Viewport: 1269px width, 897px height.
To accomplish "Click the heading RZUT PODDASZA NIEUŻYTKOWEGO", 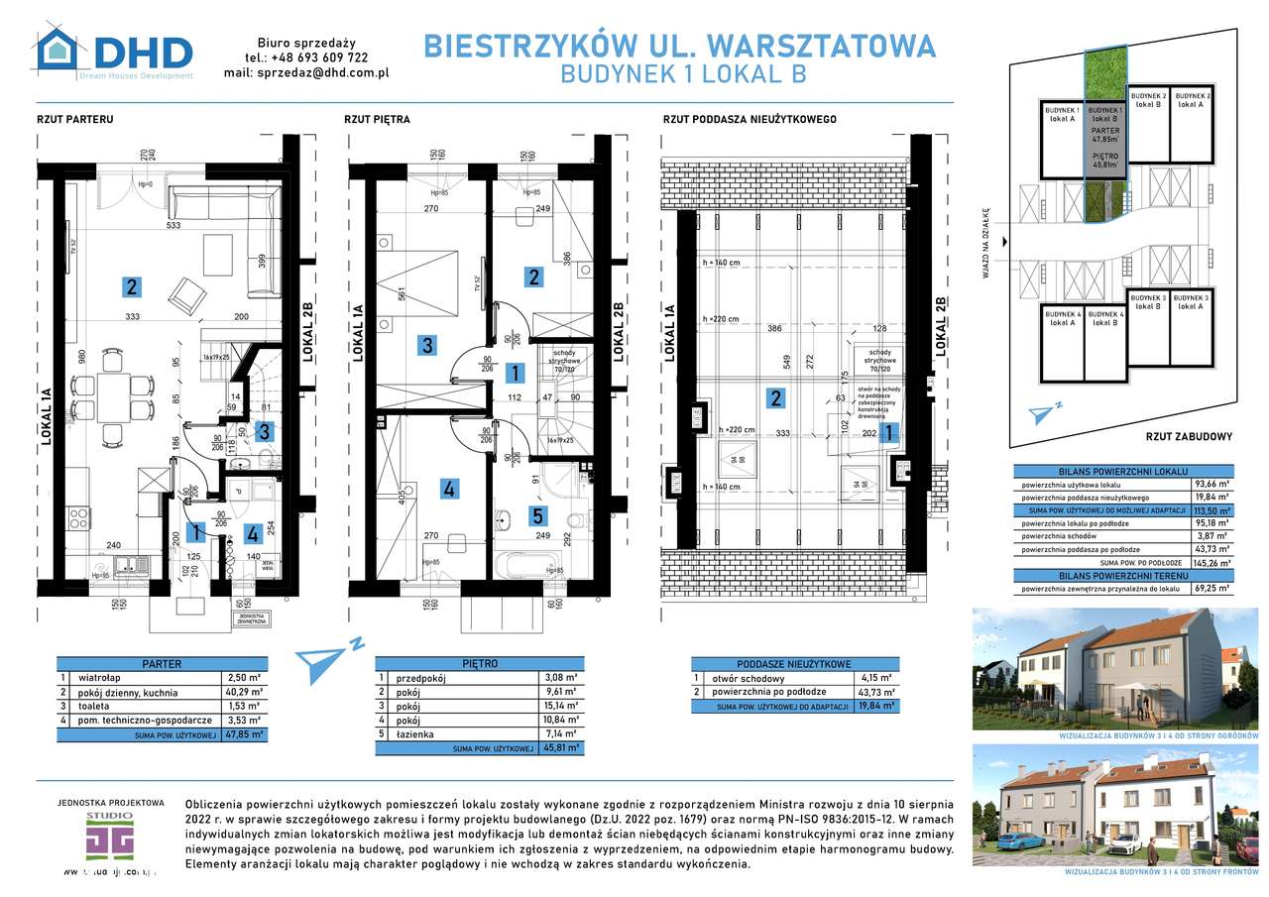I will pyautogui.click(x=749, y=119).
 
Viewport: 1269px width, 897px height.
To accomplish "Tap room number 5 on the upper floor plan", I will pyautogui.click(x=537, y=515).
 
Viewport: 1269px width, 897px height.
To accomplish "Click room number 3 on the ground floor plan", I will pyautogui.click(x=264, y=431).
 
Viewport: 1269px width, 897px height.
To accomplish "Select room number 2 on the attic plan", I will pyautogui.click(x=775, y=398).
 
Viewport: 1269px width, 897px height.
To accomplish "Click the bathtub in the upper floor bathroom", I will pyautogui.click(x=528, y=567).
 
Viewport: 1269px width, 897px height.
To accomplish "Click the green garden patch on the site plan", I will pyautogui.click(x=1103, y=71).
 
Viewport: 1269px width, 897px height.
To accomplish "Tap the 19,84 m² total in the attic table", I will pyautogui.click(x=876, y=706).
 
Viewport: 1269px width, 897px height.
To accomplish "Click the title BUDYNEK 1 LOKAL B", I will pyautogui.click(x=683, y=73).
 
